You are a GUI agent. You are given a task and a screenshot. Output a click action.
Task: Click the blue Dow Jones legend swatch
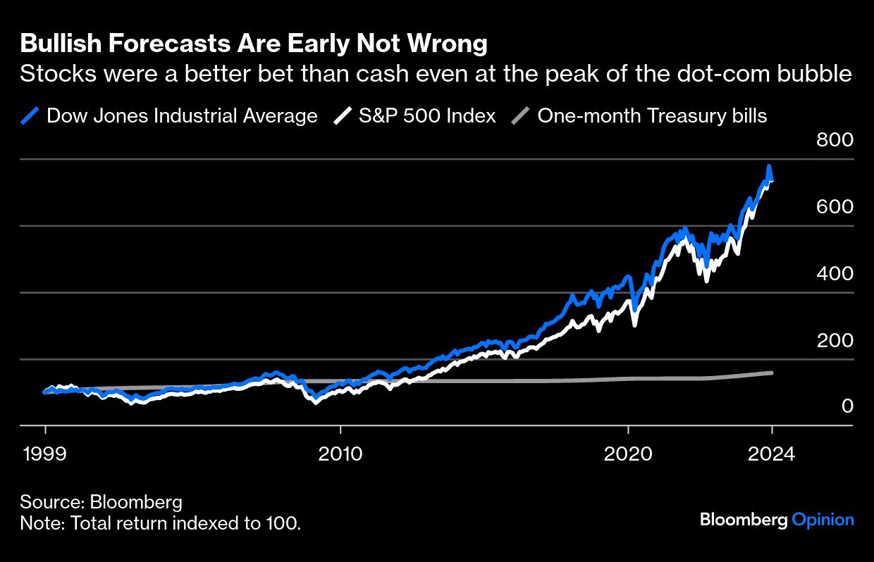30,115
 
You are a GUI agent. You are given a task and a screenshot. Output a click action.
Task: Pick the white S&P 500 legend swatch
343,115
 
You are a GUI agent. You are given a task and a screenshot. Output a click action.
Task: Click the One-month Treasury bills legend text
652,115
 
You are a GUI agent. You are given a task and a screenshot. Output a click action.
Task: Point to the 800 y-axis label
835,140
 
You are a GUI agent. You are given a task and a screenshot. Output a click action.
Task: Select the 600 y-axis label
835,207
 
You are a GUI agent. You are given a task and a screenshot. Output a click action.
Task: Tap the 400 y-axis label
835,273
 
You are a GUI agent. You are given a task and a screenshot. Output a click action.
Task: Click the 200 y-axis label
835,340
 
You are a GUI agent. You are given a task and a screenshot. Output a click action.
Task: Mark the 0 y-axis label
847,406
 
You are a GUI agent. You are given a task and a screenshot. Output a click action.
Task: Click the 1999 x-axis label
45,454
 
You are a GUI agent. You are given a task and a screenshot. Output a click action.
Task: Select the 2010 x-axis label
340,454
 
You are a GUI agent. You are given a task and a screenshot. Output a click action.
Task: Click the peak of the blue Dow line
769,167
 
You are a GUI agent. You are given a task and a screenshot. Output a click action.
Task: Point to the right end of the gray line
773,373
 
